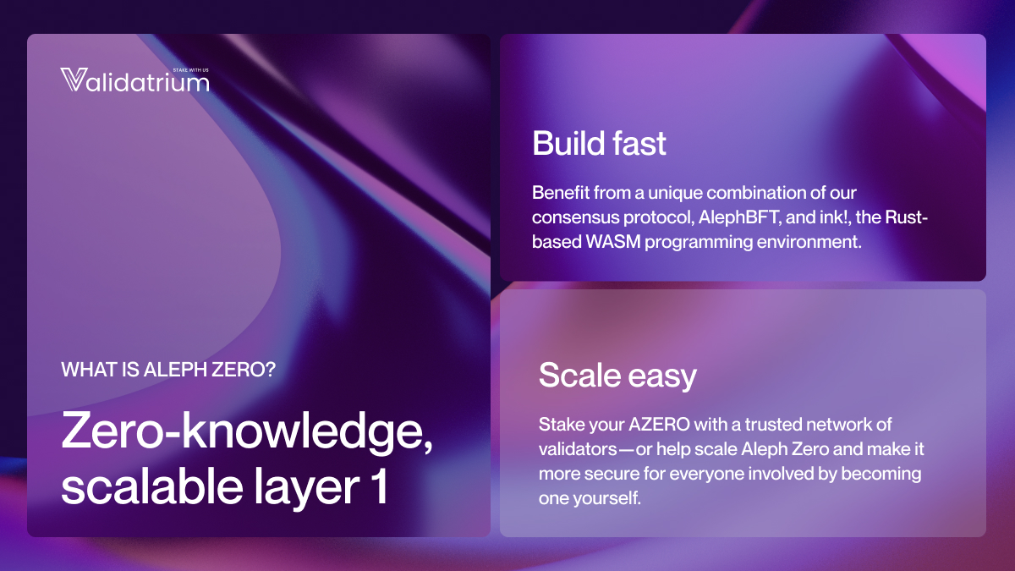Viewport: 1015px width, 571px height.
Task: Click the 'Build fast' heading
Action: tap(599, 144)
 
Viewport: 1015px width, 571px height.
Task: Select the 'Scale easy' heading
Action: tap(617, 375)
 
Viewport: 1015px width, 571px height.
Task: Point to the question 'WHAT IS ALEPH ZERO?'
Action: tap(168, 370)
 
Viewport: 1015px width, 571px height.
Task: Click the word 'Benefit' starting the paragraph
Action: tap(558, 194)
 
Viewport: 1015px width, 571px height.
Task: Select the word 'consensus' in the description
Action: tap(573, 218)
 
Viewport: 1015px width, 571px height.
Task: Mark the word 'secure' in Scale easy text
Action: tap(608, 474)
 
